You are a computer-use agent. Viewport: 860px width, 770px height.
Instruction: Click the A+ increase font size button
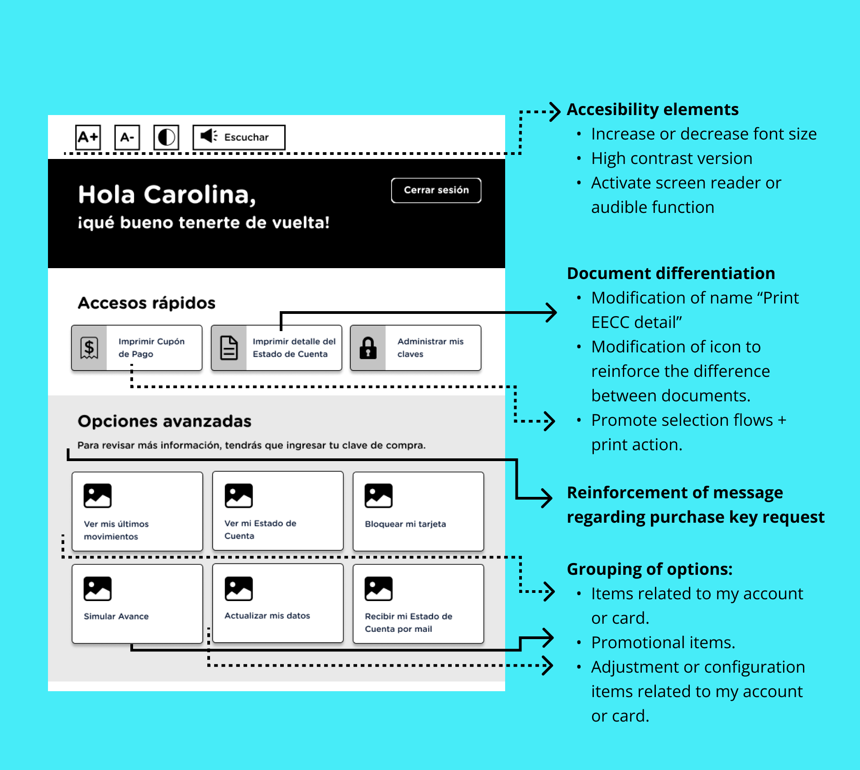(88, 137)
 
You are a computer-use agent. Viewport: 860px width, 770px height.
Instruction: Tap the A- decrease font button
(127, 137)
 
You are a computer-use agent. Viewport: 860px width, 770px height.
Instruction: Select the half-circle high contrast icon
(166, 137)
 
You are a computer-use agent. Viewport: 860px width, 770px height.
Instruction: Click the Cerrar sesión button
(436, 190)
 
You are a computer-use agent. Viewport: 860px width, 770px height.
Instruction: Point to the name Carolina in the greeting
(200, 195)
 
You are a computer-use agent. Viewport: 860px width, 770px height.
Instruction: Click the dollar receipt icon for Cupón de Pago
(89, 348)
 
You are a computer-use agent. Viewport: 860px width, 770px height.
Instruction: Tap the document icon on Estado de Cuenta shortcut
(229, 348)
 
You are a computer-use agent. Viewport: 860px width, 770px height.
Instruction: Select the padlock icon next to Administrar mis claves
(368, 348)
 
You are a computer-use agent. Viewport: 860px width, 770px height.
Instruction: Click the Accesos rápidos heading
(147, 303)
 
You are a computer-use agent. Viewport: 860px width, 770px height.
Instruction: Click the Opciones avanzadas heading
(164, 421)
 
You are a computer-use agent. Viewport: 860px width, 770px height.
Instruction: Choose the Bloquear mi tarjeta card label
(405, 524)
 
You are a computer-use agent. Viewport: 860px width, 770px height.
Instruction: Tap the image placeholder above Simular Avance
(97, 588)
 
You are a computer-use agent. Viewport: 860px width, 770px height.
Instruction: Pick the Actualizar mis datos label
(267, 616)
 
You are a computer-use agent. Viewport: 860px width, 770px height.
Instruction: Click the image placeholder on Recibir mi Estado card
(378, 588)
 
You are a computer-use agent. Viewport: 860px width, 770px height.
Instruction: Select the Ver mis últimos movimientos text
(116, 530)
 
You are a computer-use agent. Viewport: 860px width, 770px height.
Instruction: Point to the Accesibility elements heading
(652, 110)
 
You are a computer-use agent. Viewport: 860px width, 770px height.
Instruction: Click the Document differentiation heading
(671, 274)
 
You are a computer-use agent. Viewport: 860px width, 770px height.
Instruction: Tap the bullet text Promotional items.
(663, 643)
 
